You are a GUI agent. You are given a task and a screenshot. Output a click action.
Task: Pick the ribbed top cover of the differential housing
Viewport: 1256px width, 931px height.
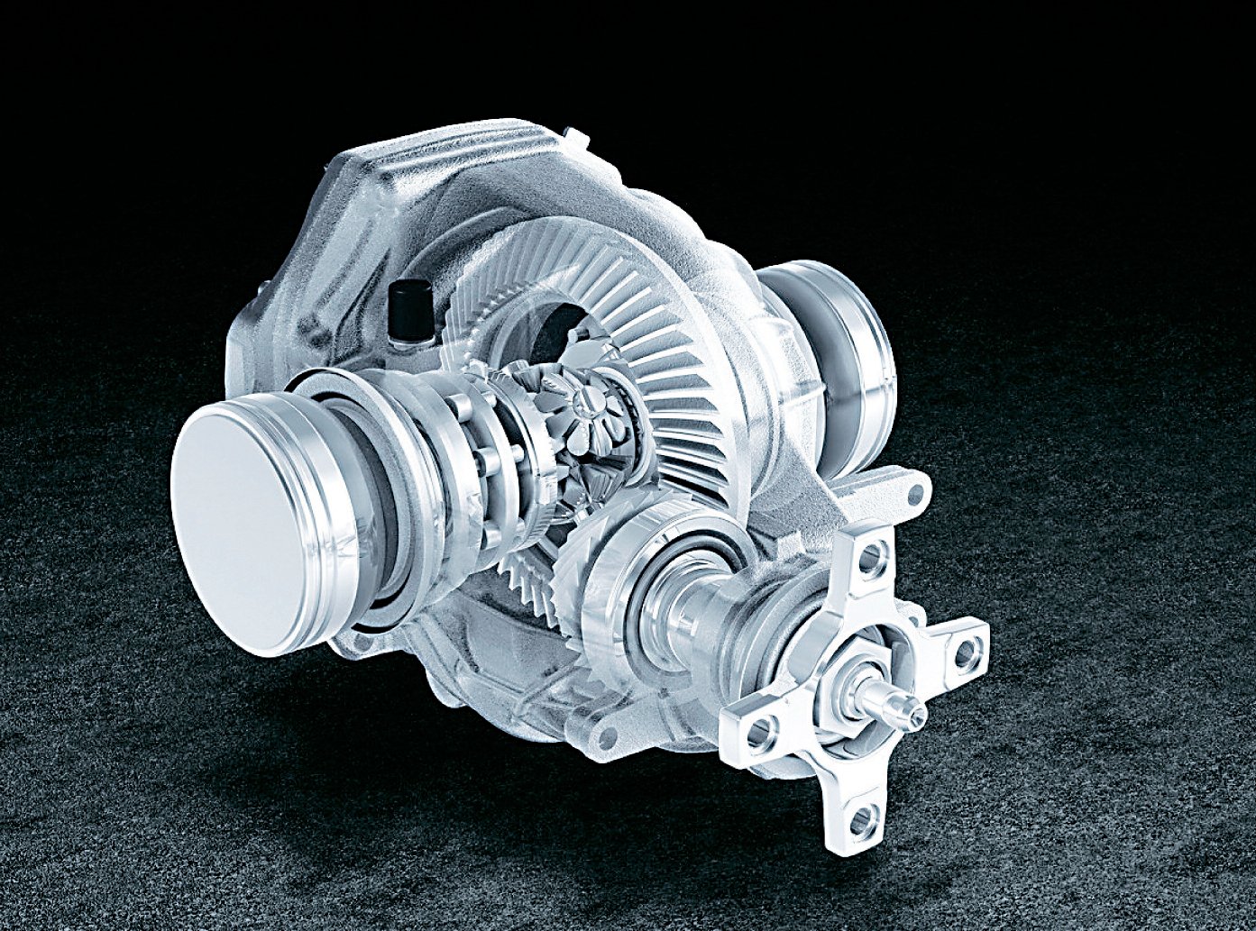click(x=451, y=180)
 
